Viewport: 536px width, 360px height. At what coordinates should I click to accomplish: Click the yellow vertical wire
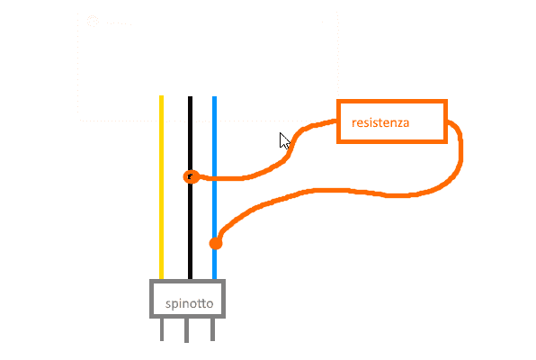[161, 187]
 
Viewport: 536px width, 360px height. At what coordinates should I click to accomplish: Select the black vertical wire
[190, 188]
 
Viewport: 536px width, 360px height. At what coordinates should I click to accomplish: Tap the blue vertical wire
[214, 188]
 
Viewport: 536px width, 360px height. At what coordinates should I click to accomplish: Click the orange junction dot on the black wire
[191, 177]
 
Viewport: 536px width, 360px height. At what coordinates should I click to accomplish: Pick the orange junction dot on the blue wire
[216, 243]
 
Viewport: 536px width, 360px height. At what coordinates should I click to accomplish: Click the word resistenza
[380, 122]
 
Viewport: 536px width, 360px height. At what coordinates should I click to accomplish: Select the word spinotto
[189, 303]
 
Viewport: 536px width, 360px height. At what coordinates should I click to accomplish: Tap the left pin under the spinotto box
[162, 329]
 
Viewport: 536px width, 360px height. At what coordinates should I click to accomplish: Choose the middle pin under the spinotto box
[186, 330]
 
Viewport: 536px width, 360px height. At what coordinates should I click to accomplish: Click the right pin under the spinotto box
[212, 329]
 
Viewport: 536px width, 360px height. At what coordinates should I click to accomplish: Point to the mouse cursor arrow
[284, 140]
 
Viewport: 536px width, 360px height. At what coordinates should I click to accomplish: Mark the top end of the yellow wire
[161, 96]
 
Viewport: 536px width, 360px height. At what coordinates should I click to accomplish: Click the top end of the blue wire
[214, 97]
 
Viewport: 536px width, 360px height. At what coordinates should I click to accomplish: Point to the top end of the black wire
[190, 97]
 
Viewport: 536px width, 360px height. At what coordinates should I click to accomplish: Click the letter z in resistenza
[399, 124]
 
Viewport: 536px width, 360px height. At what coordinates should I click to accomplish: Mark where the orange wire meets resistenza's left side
[337, 121]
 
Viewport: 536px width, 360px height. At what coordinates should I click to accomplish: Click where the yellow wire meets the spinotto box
[161, 279]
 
